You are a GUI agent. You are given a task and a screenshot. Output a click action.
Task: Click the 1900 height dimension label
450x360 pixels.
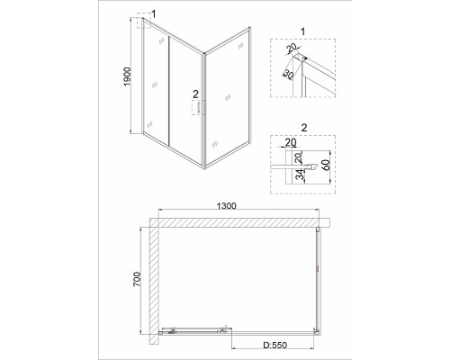(128, 76)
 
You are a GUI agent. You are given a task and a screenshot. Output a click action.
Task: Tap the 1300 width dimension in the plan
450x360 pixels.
(227, 206)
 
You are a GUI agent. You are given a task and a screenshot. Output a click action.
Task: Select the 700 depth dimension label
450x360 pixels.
(137, 279)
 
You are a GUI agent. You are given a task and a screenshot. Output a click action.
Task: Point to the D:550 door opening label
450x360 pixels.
(275, 345)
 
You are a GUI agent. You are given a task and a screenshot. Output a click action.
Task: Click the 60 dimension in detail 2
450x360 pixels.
(326, 165)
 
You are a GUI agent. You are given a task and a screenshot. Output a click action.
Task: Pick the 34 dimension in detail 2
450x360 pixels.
(300, 175)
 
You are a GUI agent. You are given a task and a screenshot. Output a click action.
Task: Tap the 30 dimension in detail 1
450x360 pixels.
(289, 75)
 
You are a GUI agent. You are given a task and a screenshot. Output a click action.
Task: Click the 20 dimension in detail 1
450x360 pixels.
(291, 48)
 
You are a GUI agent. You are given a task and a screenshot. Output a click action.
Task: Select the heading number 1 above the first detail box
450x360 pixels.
(302, 31)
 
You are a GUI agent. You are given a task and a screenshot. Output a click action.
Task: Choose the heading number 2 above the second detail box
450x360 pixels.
(304, 128)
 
